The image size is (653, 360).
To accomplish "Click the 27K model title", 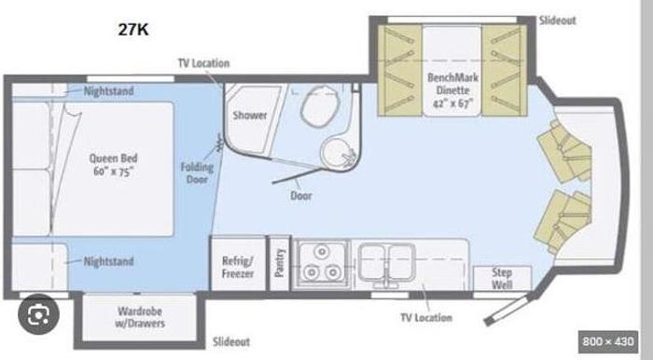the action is pyautogui.click(x=133, y=30).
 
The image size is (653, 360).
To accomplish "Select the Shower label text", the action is pyautogui.click(x=249, y=116).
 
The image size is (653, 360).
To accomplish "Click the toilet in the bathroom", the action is pyautogui.click(x=319, y=106).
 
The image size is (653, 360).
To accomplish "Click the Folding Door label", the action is pyautogui.click(x=197, y=173).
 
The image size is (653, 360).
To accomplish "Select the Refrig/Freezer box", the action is pyautogui.click(x=238, y=263).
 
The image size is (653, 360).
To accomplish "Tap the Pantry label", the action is pyautogui.click(x=280, y=263).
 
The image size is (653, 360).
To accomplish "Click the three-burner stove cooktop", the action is pyautogui.click(x=321, y=263).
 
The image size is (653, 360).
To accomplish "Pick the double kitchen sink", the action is pyautogui.click(x=387, y=263).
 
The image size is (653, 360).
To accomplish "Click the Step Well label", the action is pyautogui.click(x=502, y=279).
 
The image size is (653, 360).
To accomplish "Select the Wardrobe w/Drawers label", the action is pyautogui.click(x=140, y=317).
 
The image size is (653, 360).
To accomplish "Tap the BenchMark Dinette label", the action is pyautogui.click(x=452, y=90).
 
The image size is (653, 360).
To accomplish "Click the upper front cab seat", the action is pyautogui.click(x=565, y=151).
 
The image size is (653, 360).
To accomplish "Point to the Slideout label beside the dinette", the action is pyautogui.click(x=558, y=21).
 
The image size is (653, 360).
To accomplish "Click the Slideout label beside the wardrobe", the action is pyautogui.click(x=231, y=342).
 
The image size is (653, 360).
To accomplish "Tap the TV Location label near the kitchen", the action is pyautogui.click(x=426, y=317).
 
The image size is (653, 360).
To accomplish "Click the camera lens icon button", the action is pyautogui.click(x=39, y=314).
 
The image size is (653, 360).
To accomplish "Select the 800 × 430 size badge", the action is pyautogui.click(x=608, y=341).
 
